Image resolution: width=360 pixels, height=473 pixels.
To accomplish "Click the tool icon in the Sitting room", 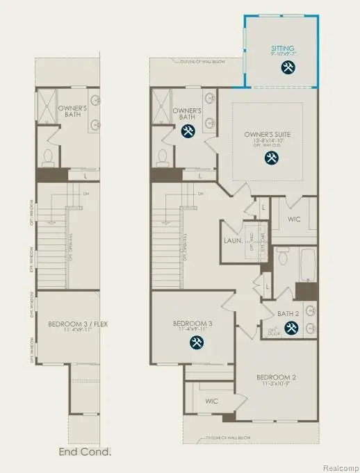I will pyautogui.click(x=288, y=67).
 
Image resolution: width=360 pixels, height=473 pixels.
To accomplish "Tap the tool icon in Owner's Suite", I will pyautogui.click(x=270, y=158).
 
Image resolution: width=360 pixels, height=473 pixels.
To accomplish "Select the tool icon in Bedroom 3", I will pyautogui.click(x=197, y=342).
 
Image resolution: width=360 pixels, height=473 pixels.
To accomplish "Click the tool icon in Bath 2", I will pyautogui.click(x=291, y=329).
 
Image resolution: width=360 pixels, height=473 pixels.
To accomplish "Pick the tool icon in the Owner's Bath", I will pyautogui.click(x=188, y=131).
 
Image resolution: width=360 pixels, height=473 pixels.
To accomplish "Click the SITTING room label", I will pyautogui.click(x=282, y=49).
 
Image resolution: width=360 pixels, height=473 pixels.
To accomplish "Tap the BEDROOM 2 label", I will pyautogui.click(x=276, y=377).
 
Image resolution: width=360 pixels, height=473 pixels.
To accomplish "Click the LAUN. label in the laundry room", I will pyautogui.click(x=233, y=240).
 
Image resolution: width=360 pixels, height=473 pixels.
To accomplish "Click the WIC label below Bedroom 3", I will pyautogui.click(x=211, y=401).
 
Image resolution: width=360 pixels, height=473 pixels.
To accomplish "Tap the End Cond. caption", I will pyautogui.click(x=85, y=452).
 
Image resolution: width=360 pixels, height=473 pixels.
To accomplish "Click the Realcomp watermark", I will pyautogui.click(x=340, y=467).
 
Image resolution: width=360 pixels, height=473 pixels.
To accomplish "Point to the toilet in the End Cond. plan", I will pyautogui.click(x=48, y=157).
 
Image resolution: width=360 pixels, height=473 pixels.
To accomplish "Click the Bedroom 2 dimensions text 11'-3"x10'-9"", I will pyautogui.click(x=276, y=384).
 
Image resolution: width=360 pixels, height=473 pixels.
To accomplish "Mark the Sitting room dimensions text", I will pyautogui.click(x=282, y=55).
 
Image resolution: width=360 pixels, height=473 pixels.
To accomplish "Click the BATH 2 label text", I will pyautogui.click(x=287, y=314).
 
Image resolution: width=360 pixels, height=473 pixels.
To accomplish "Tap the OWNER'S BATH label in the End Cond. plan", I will pyautogui.click(x=71, y=111).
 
